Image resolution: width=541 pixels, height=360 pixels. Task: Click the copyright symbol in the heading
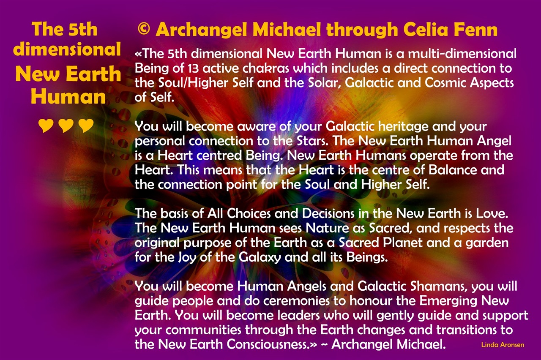click(x=144, y=29)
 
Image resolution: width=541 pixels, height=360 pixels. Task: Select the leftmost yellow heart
click(x=46, y=125)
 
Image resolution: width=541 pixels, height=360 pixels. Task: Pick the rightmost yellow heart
click(x=86, y=125)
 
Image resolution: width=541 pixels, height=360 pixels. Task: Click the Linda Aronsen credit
click(x=503, y=345)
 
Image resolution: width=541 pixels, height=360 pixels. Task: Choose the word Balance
click(x=453, y=170)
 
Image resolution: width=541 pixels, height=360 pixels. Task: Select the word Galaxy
click(x=260, y=258)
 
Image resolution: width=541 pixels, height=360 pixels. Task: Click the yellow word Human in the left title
click(x=68, y=97)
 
